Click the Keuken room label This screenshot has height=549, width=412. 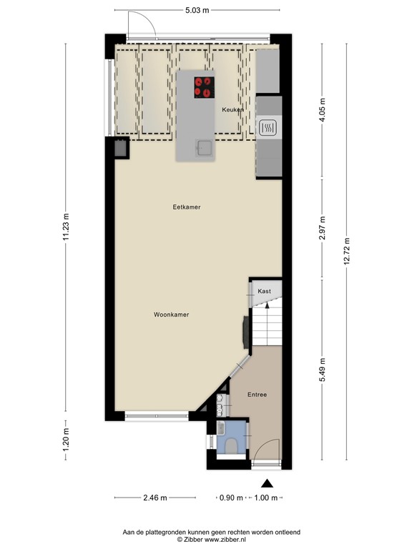point(233,109)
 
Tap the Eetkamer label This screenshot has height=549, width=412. point(187,207)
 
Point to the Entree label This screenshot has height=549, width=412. point(257,395)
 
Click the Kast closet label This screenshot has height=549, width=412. point(264,292)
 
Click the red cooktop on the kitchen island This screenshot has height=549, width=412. point(204,86)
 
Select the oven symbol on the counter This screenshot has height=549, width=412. point(269,128)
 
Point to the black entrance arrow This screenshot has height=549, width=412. point(268,483)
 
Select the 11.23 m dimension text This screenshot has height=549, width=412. point(67,228)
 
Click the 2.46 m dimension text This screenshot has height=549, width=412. point(154,498)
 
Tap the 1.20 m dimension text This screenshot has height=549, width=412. point(67,444)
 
